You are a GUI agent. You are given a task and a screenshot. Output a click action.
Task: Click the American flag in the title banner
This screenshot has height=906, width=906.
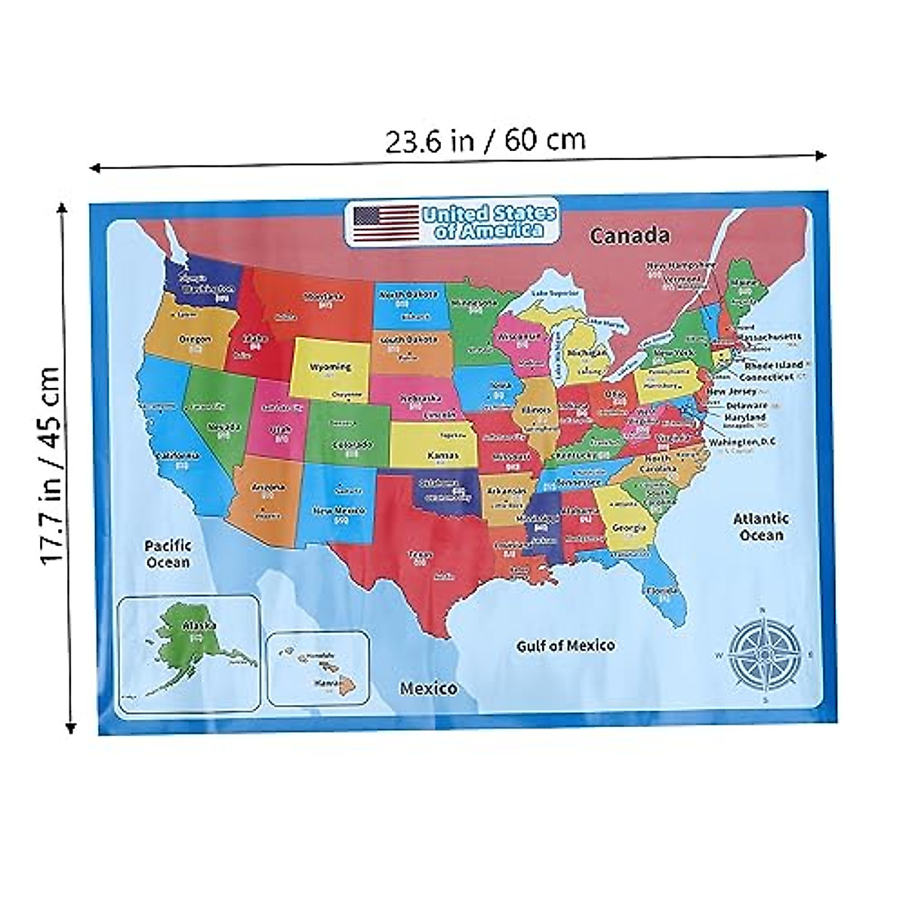click(x=386, y=222)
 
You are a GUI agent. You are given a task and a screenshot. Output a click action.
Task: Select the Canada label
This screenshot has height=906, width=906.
click(x=629, y=236)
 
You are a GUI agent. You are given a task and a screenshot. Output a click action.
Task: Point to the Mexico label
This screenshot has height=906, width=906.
click(x=428, y=689)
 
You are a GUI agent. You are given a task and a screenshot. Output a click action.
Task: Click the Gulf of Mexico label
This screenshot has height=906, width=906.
click(x=565, y=646)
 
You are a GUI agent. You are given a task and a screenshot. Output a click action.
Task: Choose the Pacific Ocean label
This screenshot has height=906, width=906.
click(x=168, y=553)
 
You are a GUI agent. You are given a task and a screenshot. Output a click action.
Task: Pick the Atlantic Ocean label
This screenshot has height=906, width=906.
click(x=761, y=526)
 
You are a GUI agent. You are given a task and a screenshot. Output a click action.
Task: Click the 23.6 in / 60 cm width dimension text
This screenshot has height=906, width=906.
click(x=485, y=140)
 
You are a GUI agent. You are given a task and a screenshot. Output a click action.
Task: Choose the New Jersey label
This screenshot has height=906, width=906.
click(x=731, y=392)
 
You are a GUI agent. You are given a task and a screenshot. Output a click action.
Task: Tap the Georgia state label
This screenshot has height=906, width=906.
click(x=628, y=527)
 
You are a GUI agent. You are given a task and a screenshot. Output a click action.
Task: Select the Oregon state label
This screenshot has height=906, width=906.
click(x=195, y=339)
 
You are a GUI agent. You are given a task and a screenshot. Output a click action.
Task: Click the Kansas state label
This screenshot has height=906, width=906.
click(x=443, y=456)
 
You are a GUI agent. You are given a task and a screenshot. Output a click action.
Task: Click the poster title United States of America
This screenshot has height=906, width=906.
click(x=489, y=222)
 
